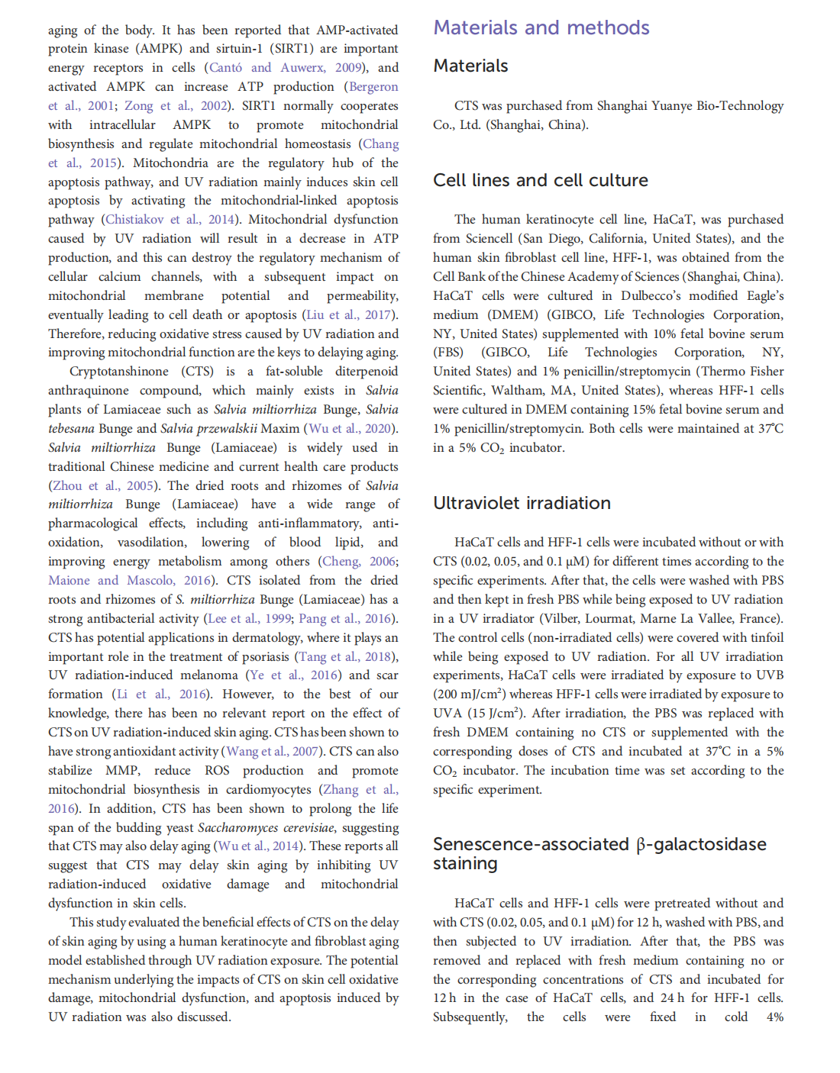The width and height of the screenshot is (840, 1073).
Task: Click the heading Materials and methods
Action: point(541,28)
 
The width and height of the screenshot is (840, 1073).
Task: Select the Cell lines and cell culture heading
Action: point(541,181)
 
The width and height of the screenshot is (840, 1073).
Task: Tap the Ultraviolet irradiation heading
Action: point(522,504)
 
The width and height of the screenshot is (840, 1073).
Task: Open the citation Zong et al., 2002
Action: point(176,106)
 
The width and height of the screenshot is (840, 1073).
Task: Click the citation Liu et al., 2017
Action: point(349,315)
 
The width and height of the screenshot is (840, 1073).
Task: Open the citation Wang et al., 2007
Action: point(272,752)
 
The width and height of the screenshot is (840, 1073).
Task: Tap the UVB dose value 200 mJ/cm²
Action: point(470,694)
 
